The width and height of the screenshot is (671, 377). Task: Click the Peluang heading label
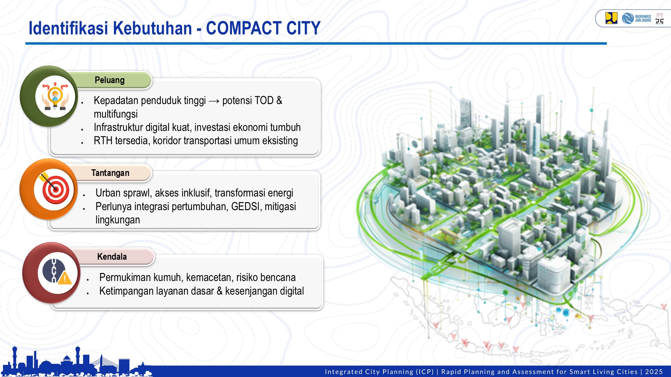(109, 80)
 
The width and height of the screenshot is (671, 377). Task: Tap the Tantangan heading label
(110, 173)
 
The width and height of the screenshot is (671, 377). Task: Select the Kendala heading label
(112, 257)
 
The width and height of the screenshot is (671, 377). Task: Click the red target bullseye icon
(55, 190)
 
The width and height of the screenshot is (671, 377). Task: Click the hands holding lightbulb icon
(55, 96)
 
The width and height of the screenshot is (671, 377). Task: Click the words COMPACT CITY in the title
(263, 28)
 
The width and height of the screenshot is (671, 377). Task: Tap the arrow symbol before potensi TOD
(214, 101)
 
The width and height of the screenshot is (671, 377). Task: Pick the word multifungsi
(115, 114)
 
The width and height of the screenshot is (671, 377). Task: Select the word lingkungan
(117, 220)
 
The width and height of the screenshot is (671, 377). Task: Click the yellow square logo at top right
(611, 18)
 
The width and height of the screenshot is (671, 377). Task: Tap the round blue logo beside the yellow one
(628, 18)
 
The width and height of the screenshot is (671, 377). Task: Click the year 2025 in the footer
(654, 372)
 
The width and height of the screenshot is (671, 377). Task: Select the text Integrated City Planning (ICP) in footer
(379, 372)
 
